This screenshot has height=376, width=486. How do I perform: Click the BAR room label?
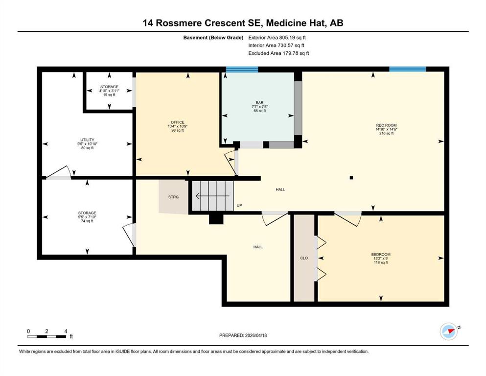[259, 103]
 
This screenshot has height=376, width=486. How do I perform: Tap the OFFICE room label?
[178, 122]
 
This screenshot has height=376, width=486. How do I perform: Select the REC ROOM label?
[386, 125]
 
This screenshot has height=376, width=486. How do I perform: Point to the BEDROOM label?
[381, 255]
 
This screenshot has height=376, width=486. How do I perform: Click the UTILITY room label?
[88, 140]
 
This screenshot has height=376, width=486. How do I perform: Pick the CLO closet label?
[304, 258]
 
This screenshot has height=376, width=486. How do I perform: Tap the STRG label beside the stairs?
[174, 197]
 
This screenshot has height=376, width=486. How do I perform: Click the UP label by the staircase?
[239, 205]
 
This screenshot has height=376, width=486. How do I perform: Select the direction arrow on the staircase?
[212, 196]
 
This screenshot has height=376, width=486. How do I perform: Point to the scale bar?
[47, 336]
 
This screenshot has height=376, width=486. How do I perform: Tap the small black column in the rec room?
[351, 178]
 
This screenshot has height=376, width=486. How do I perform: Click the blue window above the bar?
[242, 69]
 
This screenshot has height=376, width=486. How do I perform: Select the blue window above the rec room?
[408, 69]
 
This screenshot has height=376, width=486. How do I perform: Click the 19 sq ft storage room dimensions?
[109, 91]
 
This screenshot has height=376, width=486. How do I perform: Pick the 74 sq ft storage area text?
[87, 221]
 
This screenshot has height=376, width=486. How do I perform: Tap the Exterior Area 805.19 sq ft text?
[277, 38]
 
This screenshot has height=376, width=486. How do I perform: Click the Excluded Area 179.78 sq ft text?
[278, 53]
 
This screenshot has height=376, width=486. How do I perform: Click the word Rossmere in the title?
[179, 23]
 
